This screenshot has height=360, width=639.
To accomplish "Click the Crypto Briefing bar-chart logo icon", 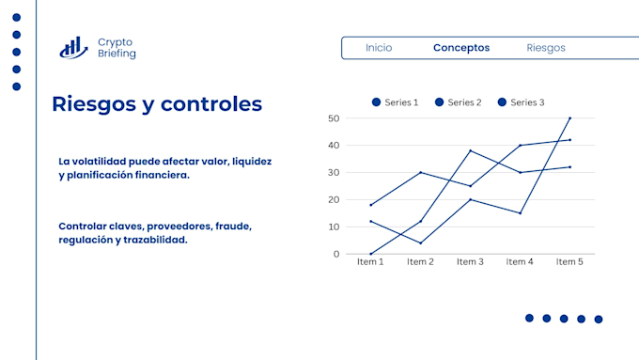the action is pos(73,48).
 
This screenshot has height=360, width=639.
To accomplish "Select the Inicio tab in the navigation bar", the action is pos(379,48).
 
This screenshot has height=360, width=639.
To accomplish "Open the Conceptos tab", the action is pos(461,48).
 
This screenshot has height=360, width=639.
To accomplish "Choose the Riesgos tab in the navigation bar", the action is pos(546,48).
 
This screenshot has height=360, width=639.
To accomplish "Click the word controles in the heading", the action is pos(211,103).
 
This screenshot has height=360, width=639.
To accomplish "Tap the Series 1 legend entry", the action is pos(395,102).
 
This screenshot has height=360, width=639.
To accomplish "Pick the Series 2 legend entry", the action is pos(458,102).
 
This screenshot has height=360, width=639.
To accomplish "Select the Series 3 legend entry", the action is pos(521,102).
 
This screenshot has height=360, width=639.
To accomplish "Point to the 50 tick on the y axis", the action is pos(334,118).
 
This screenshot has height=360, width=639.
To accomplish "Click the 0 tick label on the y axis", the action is pos(336,254).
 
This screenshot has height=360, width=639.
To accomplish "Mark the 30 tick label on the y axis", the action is pos(334,172).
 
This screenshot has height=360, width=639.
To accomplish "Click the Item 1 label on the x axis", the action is pos(370,261).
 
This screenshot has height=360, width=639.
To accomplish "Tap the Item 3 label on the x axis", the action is pos(470,261).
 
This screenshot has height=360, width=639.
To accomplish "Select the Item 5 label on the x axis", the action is pos(569,261).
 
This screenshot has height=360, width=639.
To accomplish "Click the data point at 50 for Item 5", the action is pos(569,118).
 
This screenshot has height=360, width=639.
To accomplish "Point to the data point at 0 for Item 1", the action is pos(371,254).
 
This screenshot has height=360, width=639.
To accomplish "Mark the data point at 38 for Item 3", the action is pos(470,150).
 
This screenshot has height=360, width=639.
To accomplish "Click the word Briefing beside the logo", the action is pos(117,54).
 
